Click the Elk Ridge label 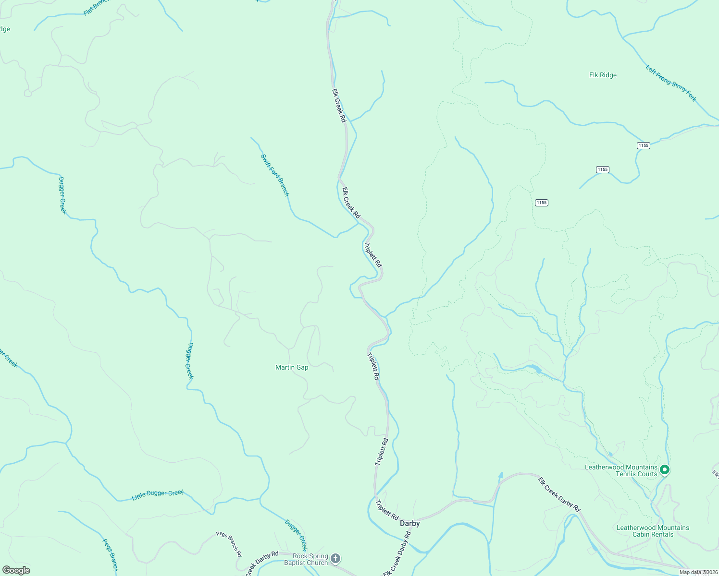pos(603,75)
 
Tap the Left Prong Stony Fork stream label pos(671,84)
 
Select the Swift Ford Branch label pos(275,175)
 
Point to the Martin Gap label pos(292,367)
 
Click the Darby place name pos(410,523)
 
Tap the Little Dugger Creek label pos(158,495)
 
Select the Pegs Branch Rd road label pos(229,543)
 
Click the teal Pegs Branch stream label pos(110,555)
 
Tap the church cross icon pos(335,558)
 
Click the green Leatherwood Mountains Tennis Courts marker pos(665,469)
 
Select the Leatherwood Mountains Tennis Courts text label pos(621,470)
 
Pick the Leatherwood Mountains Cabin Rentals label pos(653,531)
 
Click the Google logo pos(16,570)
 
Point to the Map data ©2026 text pos(698,572)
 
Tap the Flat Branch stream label pos(96,8)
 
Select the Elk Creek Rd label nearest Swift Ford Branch pos(351,203)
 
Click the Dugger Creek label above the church pos(296,535)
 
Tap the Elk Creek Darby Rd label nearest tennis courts pos(559,494)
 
